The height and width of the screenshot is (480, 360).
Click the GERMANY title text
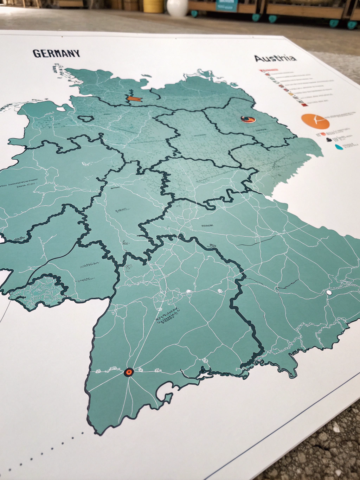click(56, 53)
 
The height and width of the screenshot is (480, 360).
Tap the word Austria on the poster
click(275, 58)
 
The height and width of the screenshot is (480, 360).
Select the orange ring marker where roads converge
click(129, 372)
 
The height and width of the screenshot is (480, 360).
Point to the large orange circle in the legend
click(315, 121)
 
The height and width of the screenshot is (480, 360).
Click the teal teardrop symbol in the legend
click(339, 147)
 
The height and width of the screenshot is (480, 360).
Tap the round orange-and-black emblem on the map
click(248, 120)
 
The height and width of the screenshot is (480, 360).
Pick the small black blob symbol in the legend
click(329, 139)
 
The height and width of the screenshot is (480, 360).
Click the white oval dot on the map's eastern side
click(329, 292)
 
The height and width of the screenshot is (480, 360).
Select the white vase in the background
click(177, 7)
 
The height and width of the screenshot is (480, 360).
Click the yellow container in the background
click(153, 6)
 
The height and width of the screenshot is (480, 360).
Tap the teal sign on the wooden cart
click(227, 5)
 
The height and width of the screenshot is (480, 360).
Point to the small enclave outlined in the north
click(85, 118)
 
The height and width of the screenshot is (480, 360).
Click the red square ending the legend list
click(302, 104)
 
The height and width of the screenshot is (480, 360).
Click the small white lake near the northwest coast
click(61, 109)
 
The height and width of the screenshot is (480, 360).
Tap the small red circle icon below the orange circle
click(323, 134)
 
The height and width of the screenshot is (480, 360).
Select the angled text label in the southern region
click(168, 315)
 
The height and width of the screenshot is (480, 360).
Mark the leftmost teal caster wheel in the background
click(194, 14)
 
